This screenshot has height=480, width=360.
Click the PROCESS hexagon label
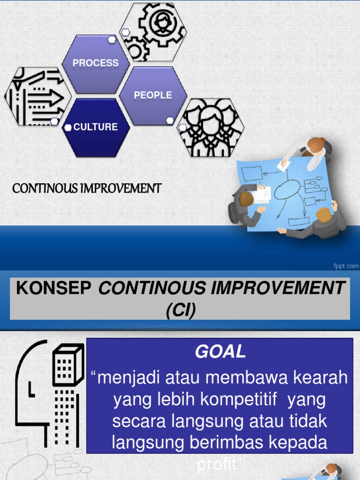96,63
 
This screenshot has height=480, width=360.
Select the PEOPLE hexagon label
153,95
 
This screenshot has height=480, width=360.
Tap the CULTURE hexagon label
96,127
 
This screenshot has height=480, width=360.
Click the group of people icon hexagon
210,127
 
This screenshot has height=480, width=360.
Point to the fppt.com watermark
346,266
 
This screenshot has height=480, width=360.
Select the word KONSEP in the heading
53,288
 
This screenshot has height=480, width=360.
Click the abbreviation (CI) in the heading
180,310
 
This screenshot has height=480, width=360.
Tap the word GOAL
220,352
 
